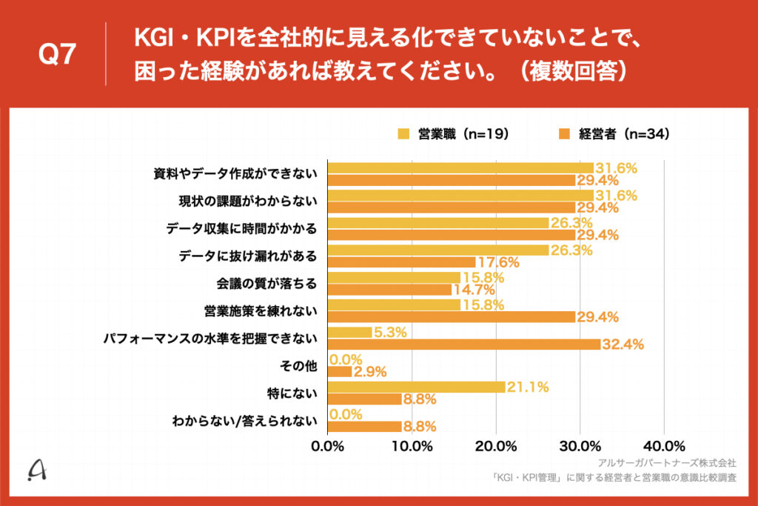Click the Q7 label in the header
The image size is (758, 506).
[x=58, y=55]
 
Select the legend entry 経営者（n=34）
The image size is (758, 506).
[x=614, y=134]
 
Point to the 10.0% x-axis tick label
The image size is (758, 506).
[x=412, y=446]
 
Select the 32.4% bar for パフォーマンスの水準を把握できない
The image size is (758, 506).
[x=463, y=344]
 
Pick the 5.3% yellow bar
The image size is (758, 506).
[x=349, y=333]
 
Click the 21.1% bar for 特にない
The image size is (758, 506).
[x=416, y=387]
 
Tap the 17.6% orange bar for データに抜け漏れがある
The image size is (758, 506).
[x=401, y=262]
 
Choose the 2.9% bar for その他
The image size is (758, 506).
[x=340, y=372]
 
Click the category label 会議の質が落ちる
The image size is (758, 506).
[x=266, y=284]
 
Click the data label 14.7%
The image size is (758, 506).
[x=474, y=290]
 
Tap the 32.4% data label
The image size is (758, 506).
[x=624, y=344]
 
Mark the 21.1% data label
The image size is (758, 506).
[x=529, y=387]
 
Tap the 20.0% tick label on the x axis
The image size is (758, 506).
[x=495, y=446]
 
